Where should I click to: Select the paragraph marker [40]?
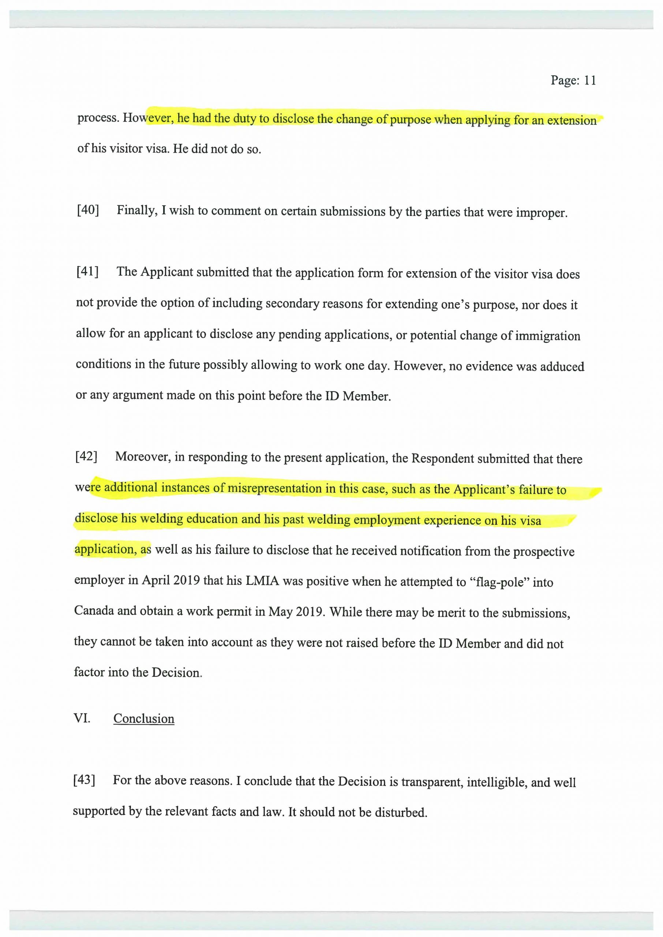88,210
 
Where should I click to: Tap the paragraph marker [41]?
87,272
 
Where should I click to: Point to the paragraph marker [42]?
86,456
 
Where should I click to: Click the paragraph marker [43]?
84,780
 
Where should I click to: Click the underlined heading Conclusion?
144,718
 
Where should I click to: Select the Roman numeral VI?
82,718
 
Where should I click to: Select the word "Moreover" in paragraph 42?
142,457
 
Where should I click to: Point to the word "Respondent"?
442,459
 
